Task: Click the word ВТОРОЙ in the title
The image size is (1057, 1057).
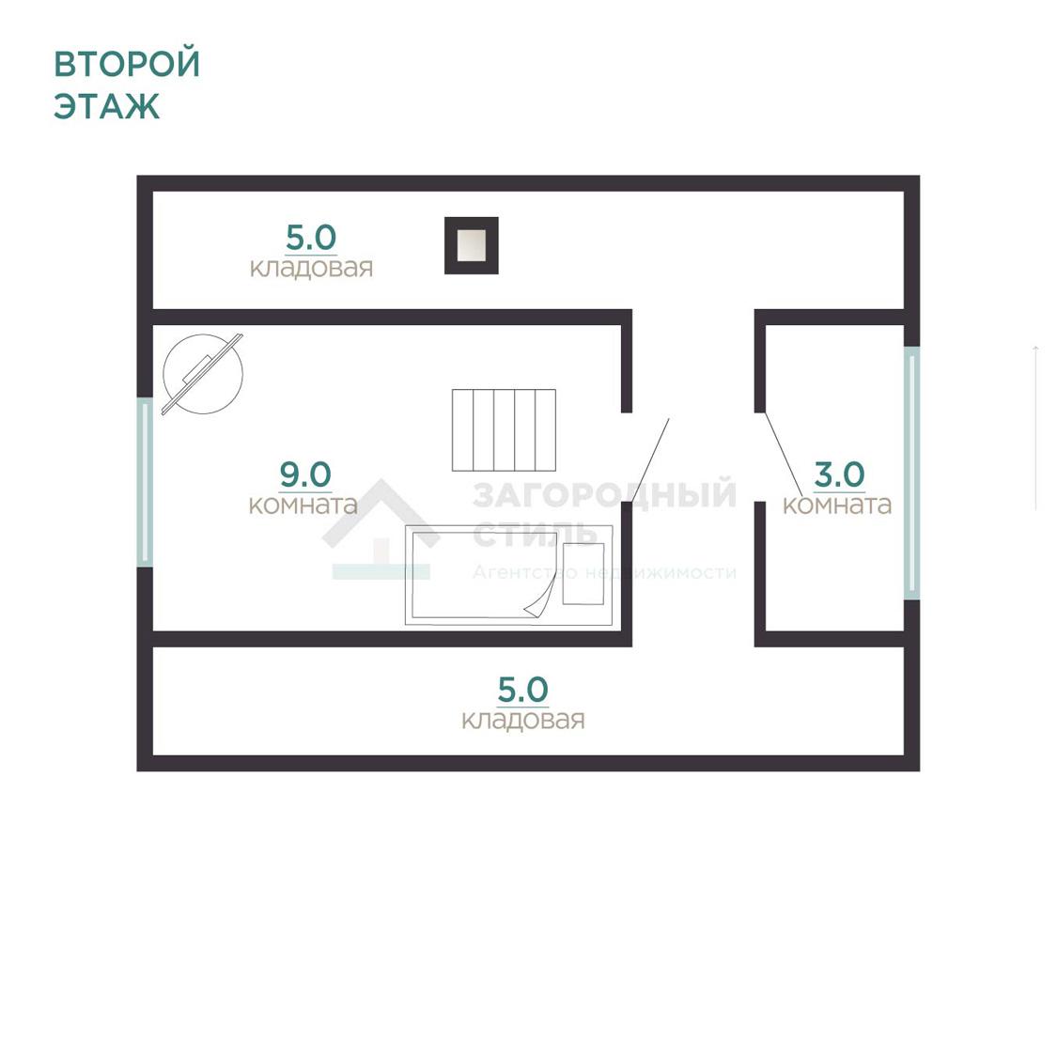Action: (127, 63)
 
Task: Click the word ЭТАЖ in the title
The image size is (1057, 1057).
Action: (107, 106)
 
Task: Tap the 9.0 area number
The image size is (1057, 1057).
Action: (305, 474)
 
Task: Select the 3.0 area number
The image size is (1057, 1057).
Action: (839, 474)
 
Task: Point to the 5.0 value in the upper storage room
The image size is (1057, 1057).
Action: (311, 238)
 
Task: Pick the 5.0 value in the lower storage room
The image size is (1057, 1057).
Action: (523, 690)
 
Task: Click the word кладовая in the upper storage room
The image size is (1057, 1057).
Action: (311, 268)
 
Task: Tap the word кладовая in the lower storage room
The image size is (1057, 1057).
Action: (523, 720)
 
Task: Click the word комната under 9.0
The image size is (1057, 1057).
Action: (303, 505)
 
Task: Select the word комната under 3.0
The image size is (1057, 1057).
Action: (837, 505)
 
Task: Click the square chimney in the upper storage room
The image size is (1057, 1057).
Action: (472, 245)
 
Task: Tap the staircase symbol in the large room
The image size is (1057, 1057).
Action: (505, 430)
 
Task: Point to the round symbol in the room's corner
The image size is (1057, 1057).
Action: (202, 374)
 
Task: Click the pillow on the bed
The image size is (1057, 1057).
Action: (583, 574)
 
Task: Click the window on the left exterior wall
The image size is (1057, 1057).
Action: (145, 483)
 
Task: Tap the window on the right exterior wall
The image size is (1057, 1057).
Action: (911, 474)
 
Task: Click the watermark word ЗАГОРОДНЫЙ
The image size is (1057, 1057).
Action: (605, 495)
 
